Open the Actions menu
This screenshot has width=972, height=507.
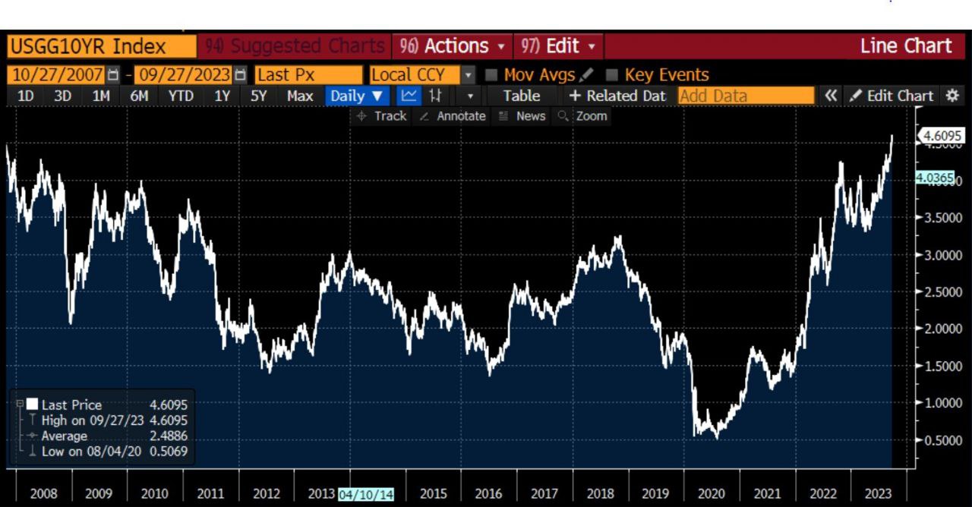click(x=452, y=46)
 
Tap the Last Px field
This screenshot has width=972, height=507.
click(x=308, y=75)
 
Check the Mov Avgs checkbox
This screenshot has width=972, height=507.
click(x=491, y=75)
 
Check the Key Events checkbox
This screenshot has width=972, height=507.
click(x=611, y=75)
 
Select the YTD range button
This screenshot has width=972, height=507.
click(x=181, y=96)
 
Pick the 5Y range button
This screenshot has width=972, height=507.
click(x=260, y=96)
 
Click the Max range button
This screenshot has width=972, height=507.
click(x=300, y=96)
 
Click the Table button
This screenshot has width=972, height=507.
click(x=521, y=96)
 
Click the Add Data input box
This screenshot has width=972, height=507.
click(x=745, y=96)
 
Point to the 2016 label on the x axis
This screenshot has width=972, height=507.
click(x=488, y=493)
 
